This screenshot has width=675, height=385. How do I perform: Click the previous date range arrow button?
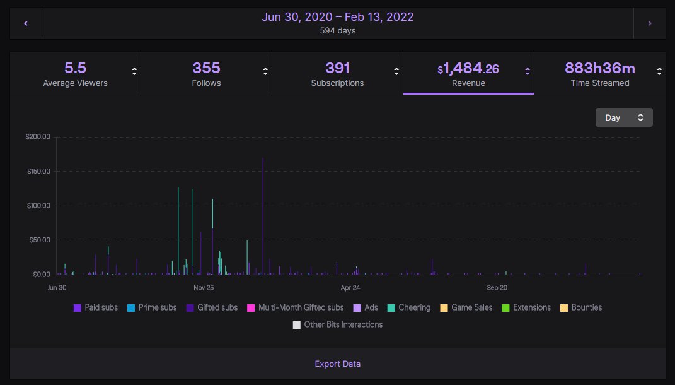tap(26, 23)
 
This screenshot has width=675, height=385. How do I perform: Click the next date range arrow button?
tap(649, 23)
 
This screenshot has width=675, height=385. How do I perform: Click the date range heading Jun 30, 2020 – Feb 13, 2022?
tap(338, 17)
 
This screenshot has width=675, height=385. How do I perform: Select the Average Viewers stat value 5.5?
tap(75, 68)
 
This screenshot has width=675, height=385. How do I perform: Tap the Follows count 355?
tap(206, 68)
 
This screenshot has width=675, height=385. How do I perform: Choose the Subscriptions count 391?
tap(337, 68)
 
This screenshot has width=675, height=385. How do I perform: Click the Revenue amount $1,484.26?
tap(468, 68)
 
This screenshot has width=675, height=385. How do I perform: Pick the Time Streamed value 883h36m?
tap(600, 68)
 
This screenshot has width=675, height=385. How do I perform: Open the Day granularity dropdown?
tap(624, 117)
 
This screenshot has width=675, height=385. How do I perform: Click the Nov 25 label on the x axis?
tap(204, 288)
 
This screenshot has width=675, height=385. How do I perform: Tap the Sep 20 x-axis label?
tap(497, 288)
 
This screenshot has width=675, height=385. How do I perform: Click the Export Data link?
tap(338, 364)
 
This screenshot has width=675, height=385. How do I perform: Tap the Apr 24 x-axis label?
tap(350, 288)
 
